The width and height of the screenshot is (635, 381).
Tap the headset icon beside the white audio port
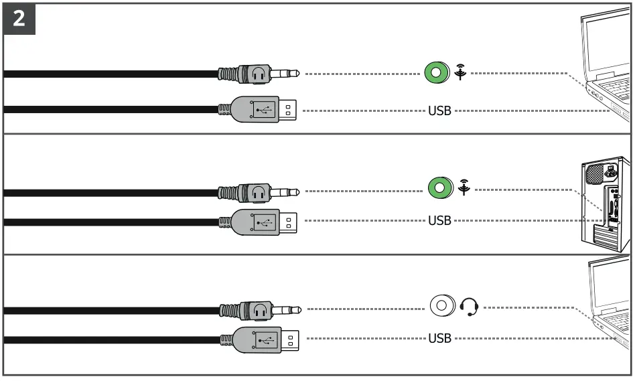tap(471, 307)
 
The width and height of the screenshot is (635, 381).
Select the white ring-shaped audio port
tap(441, 307)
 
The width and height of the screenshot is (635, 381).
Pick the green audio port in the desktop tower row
tap(438, 187)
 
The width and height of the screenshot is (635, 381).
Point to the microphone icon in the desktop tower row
tap(464, 188)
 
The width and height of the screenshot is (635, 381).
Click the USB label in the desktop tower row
tap(439, 220)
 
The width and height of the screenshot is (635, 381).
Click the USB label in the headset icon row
tap(439, 337)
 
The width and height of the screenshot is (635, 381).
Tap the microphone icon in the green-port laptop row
tap(460, 72)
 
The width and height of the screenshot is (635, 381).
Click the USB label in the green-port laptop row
tap(439, 110)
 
